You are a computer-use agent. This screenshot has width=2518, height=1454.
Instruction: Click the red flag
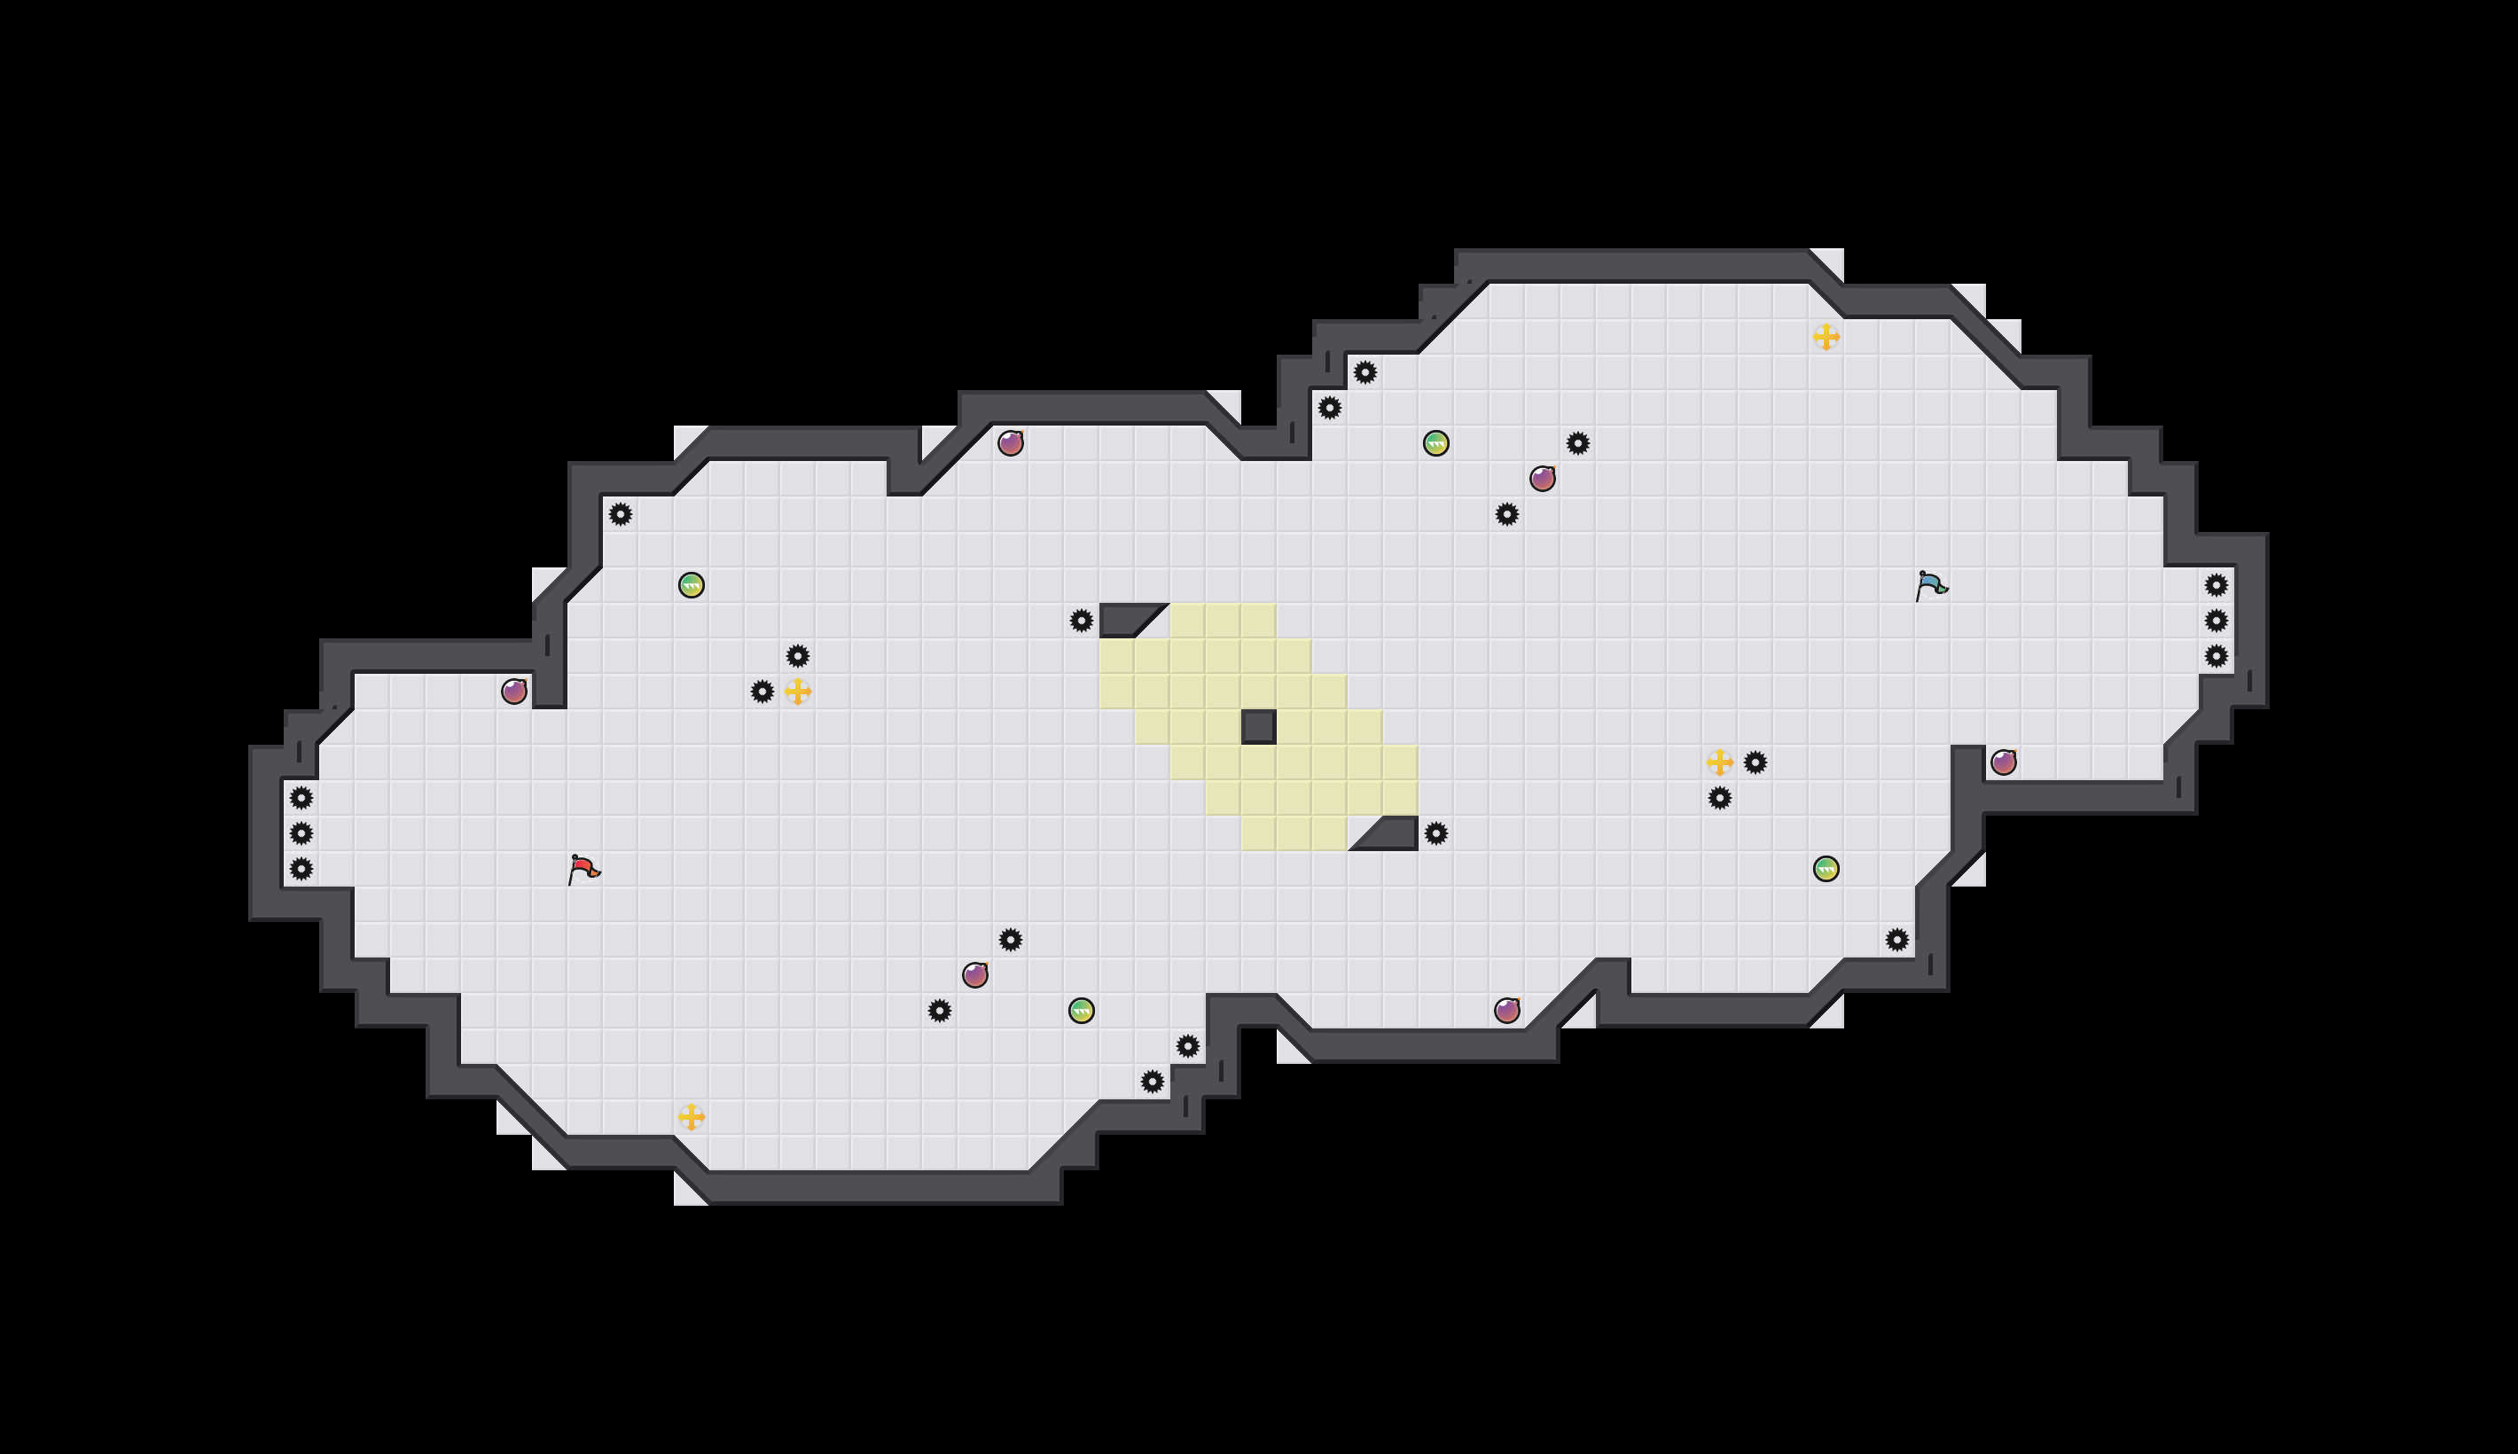(x=583, y=868)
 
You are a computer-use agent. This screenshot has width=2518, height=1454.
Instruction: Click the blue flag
(x=1931, y=584)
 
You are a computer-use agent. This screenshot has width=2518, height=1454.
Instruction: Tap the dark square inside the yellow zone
(x=1258, y=727)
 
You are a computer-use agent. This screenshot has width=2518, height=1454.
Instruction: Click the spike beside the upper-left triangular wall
(x=1082, y=620)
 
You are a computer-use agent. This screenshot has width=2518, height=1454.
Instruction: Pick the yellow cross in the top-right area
(x=1826, y=337)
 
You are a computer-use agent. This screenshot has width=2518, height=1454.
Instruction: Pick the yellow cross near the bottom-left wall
(x=691, y=1116)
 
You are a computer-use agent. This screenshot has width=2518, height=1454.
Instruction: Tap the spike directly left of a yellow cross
(x=762, y=691)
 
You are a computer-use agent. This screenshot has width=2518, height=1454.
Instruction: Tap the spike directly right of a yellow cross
(x=1756, y=762)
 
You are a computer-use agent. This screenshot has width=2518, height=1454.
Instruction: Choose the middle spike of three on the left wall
(x=301, y=833)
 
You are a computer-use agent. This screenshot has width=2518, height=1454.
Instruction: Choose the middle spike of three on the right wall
(x=2217, y=620)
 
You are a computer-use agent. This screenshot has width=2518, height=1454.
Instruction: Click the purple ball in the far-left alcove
(x=514, y=691)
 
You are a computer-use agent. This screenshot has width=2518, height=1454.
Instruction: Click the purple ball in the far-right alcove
(x=2004, y=762)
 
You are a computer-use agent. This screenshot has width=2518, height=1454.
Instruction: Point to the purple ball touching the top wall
(x=1011, y=442)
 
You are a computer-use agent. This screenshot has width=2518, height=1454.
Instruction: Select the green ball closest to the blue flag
(x=1826, y=869)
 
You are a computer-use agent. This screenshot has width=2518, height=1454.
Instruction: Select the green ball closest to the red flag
(x=691, y=584)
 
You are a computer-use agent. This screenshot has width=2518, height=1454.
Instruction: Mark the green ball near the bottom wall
(x=1082, y=1011)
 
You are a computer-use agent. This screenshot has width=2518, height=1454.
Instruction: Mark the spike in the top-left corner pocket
(x=620, y=514)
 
